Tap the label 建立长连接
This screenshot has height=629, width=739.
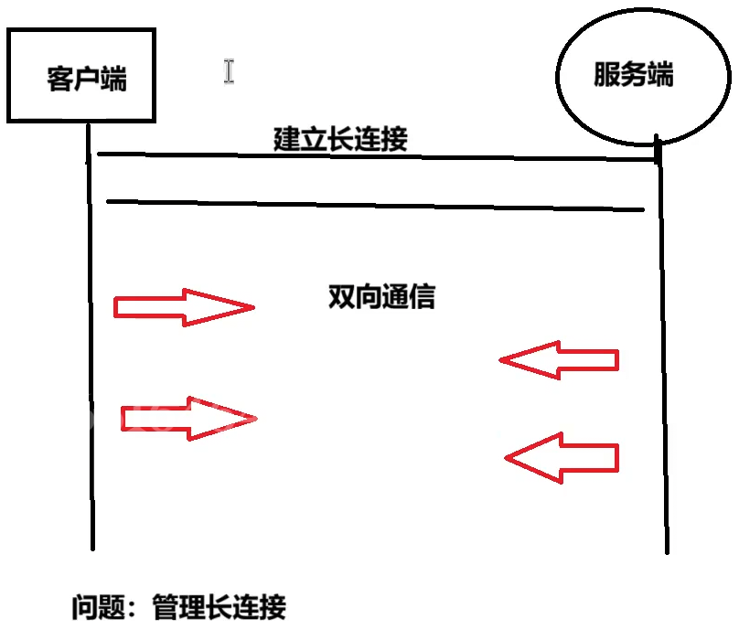340,139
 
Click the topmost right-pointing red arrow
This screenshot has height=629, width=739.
183,307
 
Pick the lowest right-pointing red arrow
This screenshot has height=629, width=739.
189,419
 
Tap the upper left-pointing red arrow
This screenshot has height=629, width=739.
560,360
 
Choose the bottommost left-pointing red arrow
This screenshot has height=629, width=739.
563,456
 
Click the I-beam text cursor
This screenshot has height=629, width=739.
229,71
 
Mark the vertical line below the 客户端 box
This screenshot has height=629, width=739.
91,347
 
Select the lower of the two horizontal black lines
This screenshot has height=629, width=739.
375,205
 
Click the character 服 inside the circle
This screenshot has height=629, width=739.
606,75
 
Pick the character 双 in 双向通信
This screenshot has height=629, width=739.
340,296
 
